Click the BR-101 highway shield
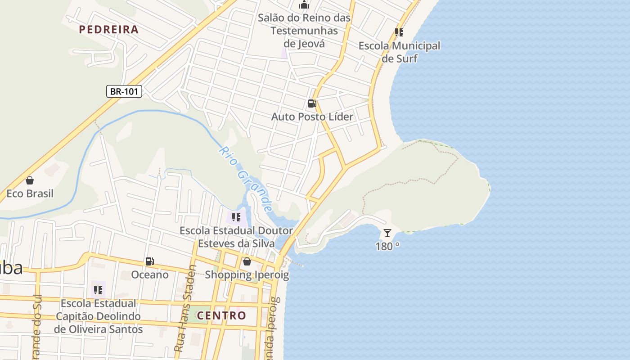point(124,91)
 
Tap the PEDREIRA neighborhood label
point(108,30)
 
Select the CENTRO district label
point(222,315)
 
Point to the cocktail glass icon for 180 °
point(387,233)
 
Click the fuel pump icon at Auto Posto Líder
point(312,103)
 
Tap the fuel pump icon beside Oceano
point(150,261)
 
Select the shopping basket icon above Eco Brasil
point(30,180)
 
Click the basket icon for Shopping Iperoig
point(247,261)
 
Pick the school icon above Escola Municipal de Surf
point(399,32)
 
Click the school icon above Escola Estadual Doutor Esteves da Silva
point(236,218)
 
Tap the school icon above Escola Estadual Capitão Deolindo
point(98,290)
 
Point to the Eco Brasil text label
point(30,193)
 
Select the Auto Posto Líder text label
point(312,117)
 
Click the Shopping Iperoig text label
point(247,274)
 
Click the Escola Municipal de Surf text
point(399,52)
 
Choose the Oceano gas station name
point(150,274)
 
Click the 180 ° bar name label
point(387,246)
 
